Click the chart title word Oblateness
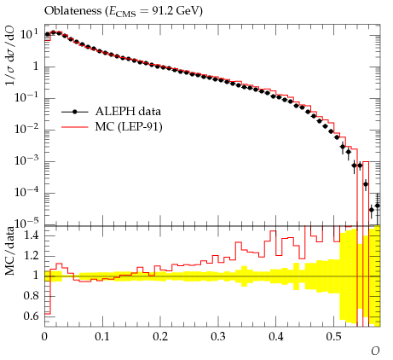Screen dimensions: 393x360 [72, 11]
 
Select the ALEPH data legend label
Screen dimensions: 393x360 [128, 111]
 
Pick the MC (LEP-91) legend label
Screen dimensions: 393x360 [129, 127]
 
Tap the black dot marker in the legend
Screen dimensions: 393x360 [75, 112]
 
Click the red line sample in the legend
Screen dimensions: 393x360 [75, 127]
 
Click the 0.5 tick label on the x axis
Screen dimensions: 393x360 [334, 337]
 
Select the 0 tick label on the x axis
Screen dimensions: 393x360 [44, 337]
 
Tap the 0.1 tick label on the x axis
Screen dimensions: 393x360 [102, 337]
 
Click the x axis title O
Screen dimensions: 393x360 [375, 351]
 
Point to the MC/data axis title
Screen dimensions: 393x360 [10, 251]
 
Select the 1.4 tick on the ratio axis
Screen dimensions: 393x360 [32, 235]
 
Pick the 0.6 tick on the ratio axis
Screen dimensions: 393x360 [32, 316]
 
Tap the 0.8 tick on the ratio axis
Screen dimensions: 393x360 [32, 296]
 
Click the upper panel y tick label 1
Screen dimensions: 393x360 [36, 67]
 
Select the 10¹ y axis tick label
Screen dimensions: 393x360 [29, 34]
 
